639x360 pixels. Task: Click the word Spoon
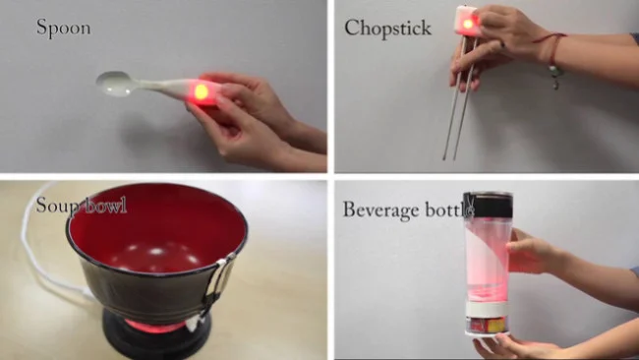pyautogui.click(x=64, y=29)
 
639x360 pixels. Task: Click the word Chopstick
pyautogui.click(x=387, y=29)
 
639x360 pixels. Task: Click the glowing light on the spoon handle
pyautogui.click(x=201, y=92)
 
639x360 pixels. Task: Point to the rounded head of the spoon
pyautogui.click(x=114, y=84)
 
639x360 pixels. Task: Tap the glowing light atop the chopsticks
pyautogui.click(x=468, y=24)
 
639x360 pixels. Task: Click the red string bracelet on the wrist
pyautogui.click(x=552, y=47)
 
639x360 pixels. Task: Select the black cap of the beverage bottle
pyautogui.click(x=489, y=205)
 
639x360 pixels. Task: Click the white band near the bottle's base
pyautogui.click(x=487, y=309)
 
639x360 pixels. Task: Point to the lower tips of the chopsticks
pyautogui.click(x=449, y=157)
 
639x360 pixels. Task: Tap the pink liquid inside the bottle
pyautogui.click(x=487, y=261)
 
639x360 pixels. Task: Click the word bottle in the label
pyautogui.click(x=449, y=210)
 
